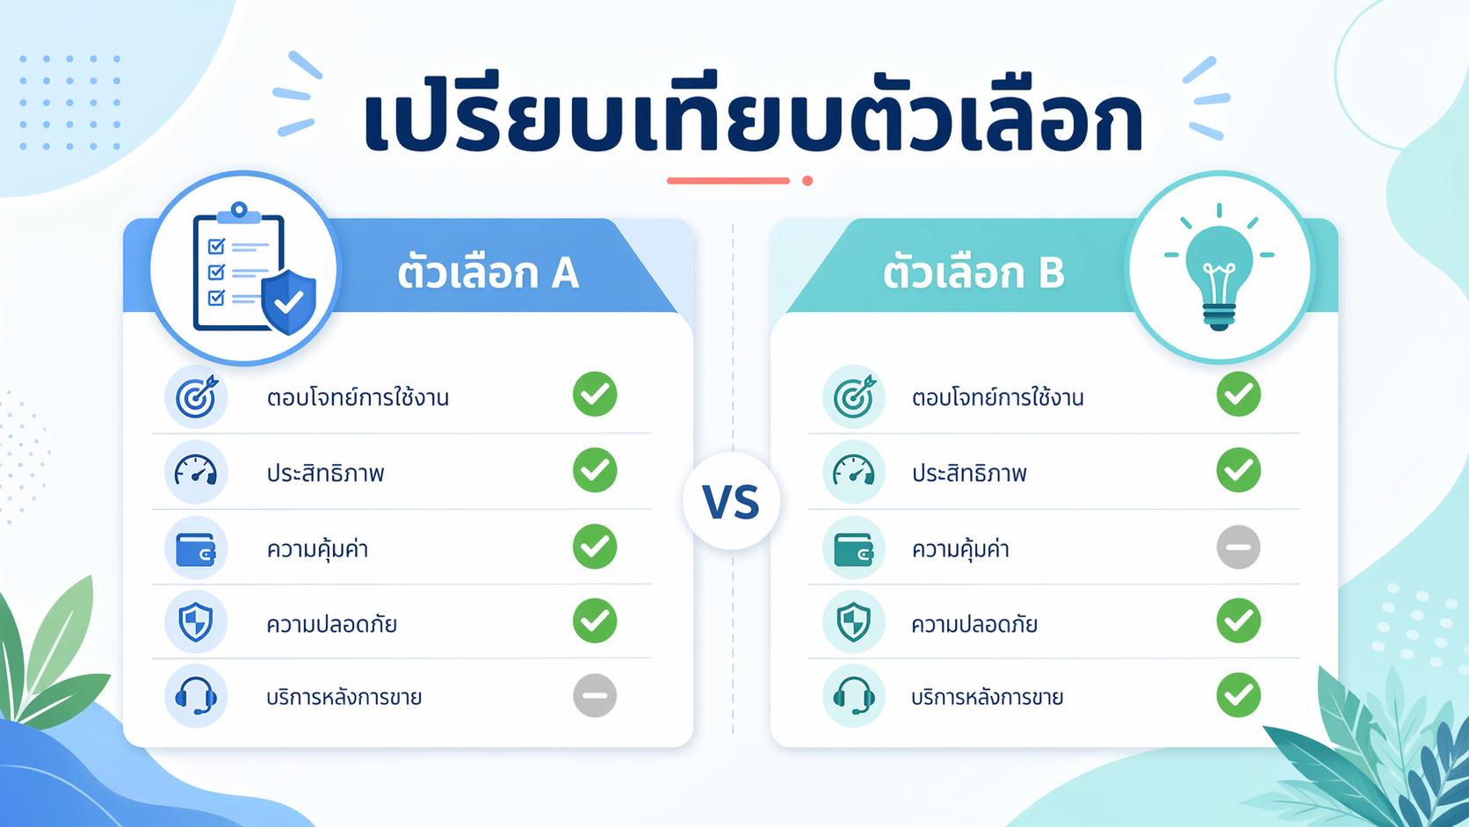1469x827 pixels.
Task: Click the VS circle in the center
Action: tap(731, 502)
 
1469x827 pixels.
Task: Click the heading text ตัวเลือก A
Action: tap(488, 273)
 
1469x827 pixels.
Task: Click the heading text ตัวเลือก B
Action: tap(973, 273)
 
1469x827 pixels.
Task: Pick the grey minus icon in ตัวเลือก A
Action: tap(595, 696)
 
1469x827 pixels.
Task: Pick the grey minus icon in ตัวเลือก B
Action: tap(1238, 547)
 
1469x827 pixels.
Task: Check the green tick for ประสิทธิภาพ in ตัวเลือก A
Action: tap(595, 470)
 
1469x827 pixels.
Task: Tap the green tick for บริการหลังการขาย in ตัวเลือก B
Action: tap(1238, 695)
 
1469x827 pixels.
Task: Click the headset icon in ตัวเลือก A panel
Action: tap(196, 696)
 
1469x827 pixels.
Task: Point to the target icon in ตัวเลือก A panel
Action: tap(196, 397)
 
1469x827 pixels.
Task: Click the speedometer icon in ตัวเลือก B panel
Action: tap(853, 473)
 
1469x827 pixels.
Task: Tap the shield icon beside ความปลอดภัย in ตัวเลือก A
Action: tap(196, 622)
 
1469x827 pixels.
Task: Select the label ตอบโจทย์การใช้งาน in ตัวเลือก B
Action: tap(997, 397)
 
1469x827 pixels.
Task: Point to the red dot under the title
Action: tap(807, 181)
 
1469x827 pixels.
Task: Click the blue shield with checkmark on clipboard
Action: tap(289, 301)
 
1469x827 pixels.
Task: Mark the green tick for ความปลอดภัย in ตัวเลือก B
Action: tap(1238, 620)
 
